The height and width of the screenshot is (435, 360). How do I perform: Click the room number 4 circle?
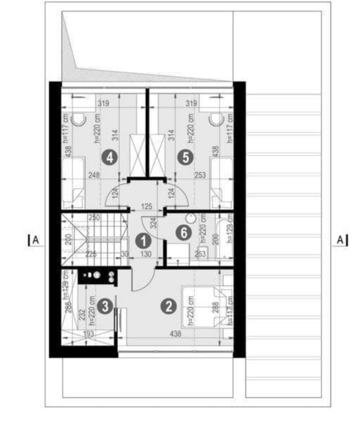(x=108, y=156)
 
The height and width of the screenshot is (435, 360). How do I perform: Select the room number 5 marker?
(x=185, y=156)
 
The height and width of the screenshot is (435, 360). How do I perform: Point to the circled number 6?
(x=185, y=232)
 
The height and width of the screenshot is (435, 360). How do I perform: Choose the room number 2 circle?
(x=168, y=305)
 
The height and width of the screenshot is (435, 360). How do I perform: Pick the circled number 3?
(x=104, y=305)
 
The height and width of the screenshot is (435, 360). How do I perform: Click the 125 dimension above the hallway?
(x=147, y=206)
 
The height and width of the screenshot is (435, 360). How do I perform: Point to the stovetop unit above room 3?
(x=98, y=276)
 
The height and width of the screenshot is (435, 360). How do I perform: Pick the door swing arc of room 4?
(x=114, y=196)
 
